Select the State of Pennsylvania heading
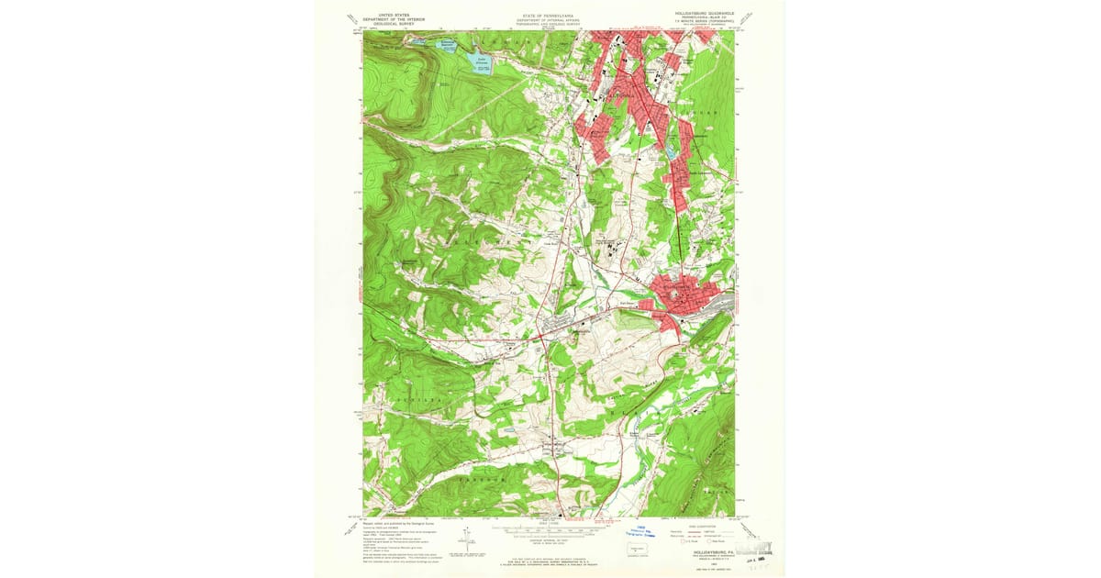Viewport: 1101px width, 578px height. [549, 17]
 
